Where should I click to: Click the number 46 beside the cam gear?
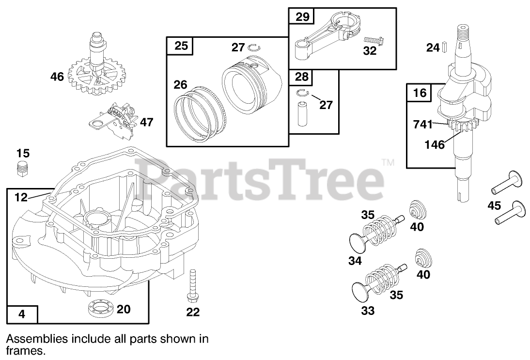coord(57,77)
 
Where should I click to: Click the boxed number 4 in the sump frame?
coord(21,314)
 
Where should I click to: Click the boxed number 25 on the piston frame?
coord(181,47)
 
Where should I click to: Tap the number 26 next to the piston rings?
coord(181,85)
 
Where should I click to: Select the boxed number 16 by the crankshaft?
coord(420,93)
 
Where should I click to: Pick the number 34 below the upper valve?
coord(355,261)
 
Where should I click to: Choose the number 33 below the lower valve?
coord(368,311)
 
